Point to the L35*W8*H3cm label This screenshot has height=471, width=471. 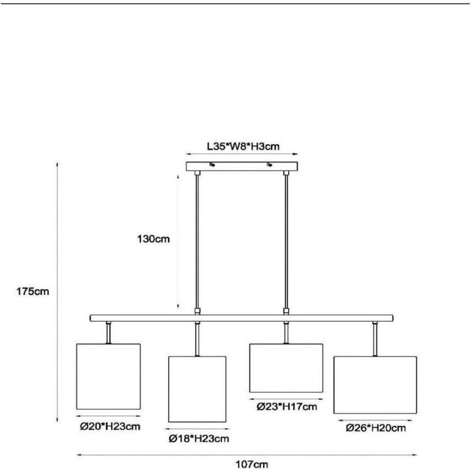point(242,146)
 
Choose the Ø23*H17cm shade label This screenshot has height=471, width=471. point(286,407)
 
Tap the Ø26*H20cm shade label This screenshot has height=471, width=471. point(375,427)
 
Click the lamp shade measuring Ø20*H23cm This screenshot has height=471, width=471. point(108,376)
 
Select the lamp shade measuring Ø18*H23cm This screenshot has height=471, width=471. point(197,389)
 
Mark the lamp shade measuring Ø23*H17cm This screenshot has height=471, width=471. point(286,368)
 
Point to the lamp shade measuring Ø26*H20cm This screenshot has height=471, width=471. point(375,385)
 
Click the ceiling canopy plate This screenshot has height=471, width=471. point(242,166)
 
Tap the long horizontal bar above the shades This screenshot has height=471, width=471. point(242,318)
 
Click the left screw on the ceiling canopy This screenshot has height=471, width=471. point(211,164)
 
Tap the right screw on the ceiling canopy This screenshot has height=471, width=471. point(270,164)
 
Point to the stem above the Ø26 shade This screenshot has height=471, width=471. point(375,339)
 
